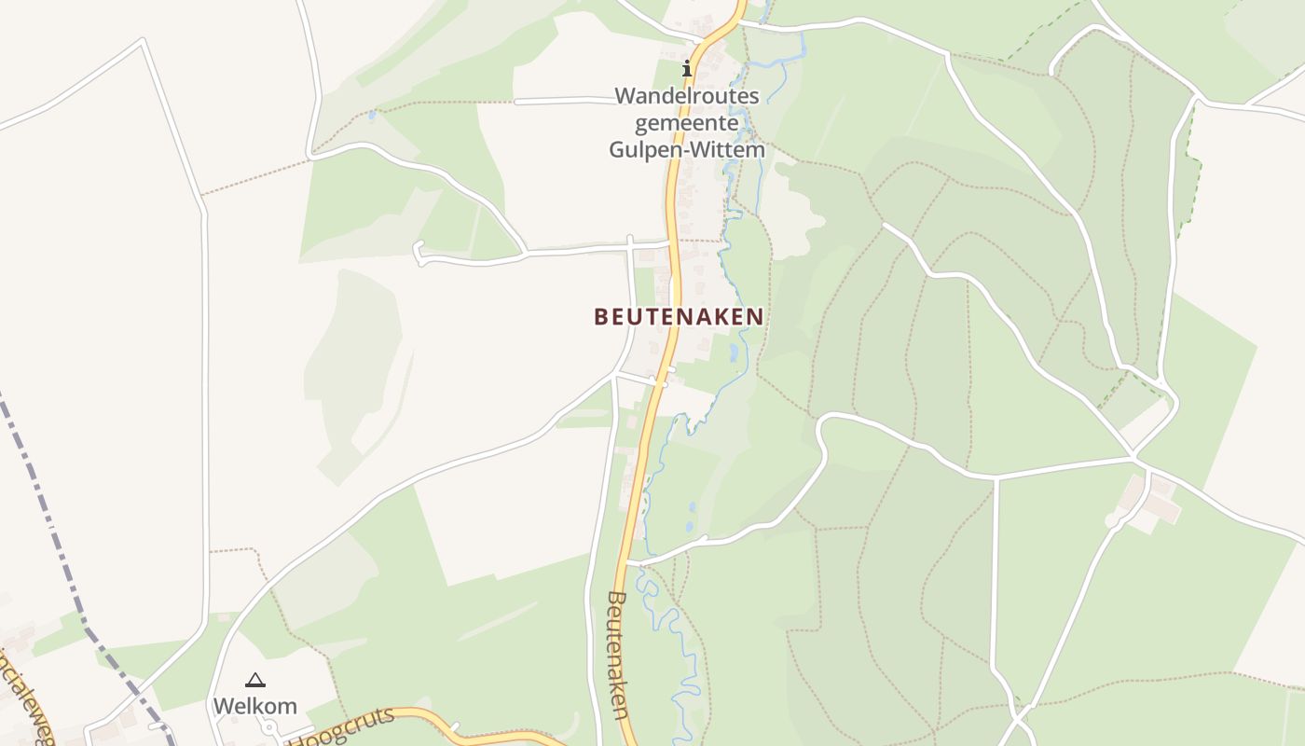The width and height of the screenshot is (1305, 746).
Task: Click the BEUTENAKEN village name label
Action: [679, 317]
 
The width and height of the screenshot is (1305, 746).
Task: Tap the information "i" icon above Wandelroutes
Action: [688, 68]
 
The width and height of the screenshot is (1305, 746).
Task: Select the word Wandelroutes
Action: [687, 96]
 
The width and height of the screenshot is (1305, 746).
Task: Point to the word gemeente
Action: [687, 123]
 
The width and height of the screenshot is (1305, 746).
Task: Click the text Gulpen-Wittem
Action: [687, 150]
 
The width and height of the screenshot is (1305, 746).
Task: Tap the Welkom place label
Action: [254, 706]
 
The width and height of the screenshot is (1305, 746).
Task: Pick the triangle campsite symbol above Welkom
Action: [254, 681]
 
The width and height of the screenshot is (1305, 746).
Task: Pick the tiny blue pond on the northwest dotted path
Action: [372, 115]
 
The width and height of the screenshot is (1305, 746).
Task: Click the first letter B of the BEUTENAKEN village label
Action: [600, 317]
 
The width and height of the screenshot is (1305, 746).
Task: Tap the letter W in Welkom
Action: [224, 706]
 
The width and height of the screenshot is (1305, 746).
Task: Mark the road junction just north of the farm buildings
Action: [1134, 458]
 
